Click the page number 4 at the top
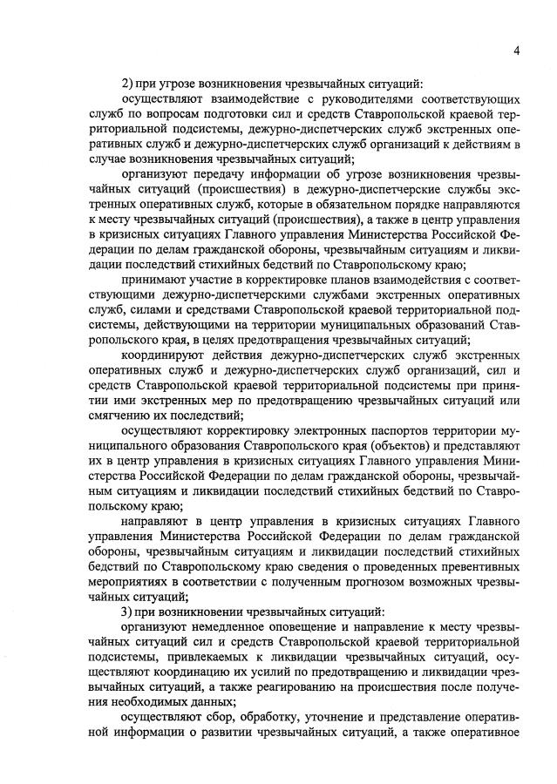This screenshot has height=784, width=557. tap(516, 51)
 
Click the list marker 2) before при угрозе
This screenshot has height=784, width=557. tap(127, 84)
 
